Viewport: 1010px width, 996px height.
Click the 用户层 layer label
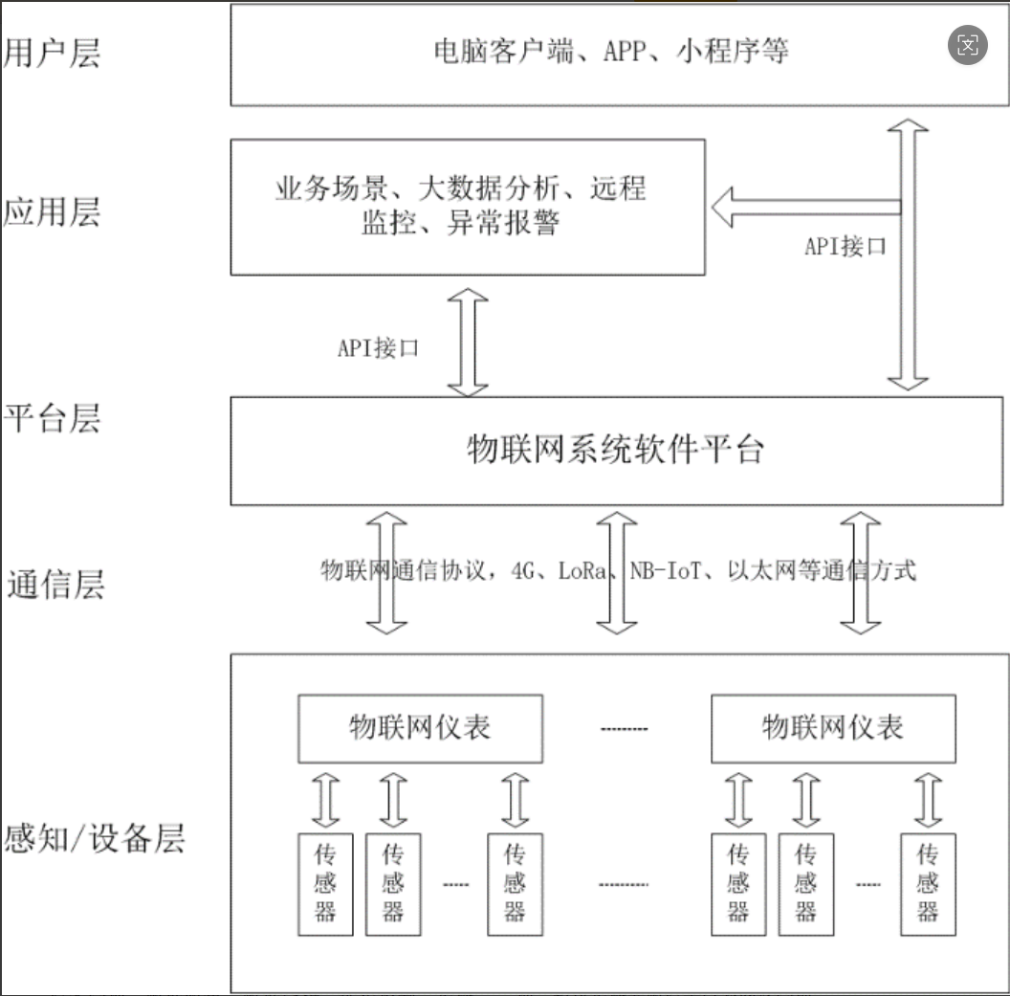click(x=52, y=53)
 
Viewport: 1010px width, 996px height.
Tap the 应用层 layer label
click(x=52, y=211)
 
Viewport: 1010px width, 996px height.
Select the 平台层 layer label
click(x=52, y=418)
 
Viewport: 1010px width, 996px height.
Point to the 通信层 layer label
click(x=55, y=584)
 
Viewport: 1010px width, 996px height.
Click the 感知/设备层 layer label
click(x=95, y=838)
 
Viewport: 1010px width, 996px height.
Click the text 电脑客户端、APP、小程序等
click(x=610, y=51)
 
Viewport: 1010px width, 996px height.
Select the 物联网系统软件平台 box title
click(x=616, y=448)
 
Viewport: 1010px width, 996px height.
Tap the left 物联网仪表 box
click(x=420, y=727)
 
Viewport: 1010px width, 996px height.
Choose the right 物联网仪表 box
click(x=832, y=727)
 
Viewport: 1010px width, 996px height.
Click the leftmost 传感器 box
click(x=325, y=883)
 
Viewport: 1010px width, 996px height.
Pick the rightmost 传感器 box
click(x=927, y=883)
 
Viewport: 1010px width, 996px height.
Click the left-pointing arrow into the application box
click(x=803, y=208)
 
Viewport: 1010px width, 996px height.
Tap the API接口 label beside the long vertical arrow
click(x=845, y=246)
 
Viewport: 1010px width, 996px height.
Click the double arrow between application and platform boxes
click(x=469, y=343)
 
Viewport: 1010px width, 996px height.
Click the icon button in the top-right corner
click(x=968, y=44)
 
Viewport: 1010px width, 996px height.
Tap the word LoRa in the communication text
click(x=583, y=571)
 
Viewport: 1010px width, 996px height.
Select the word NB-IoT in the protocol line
click(x=667, y=571)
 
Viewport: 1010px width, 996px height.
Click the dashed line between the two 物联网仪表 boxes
click(x=624, y=729)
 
